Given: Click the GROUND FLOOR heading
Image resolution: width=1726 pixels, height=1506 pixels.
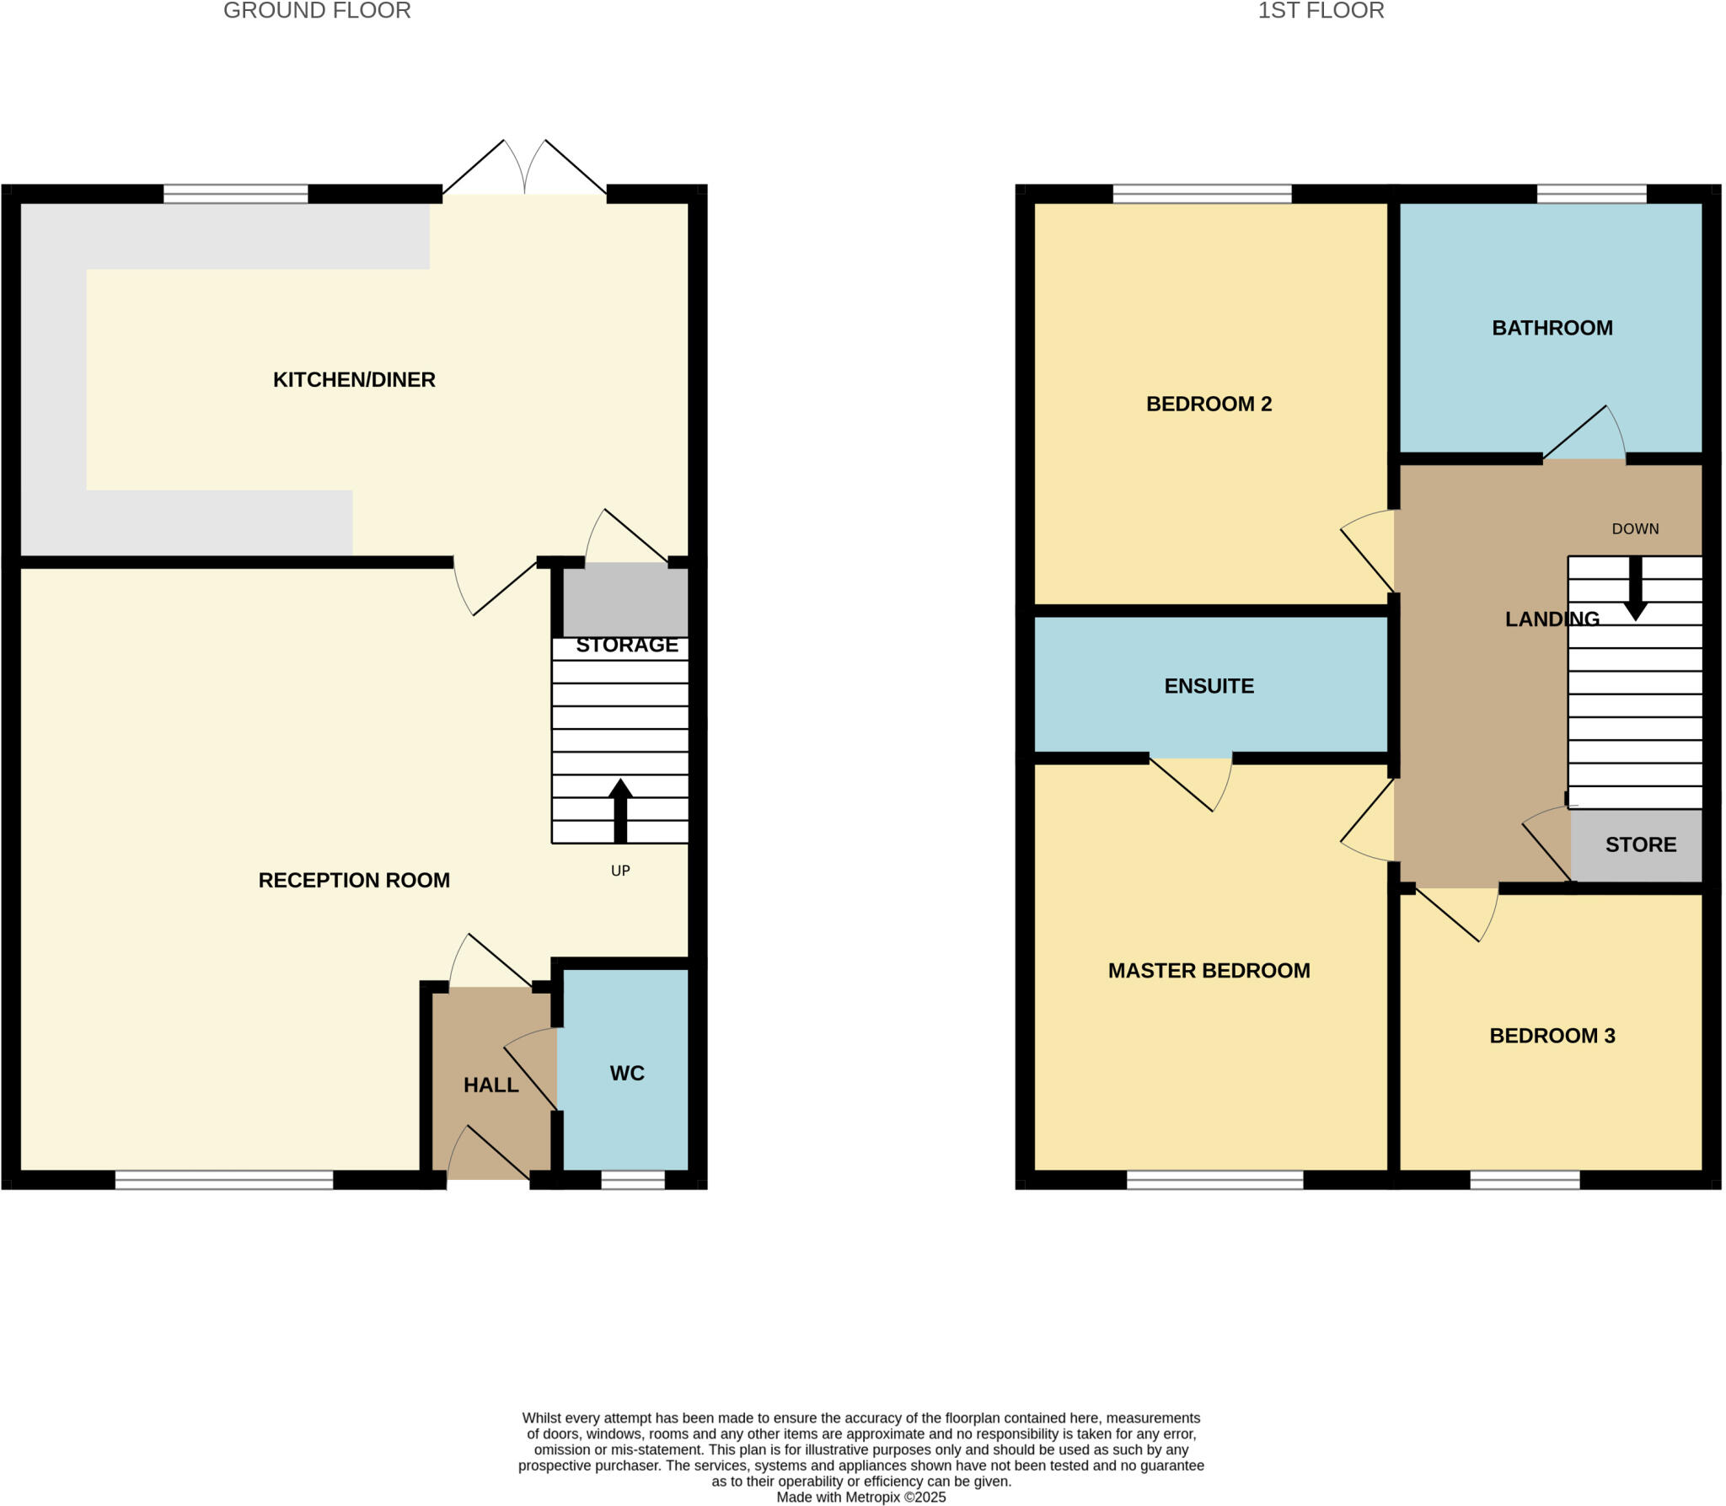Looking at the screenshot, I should [317, 11].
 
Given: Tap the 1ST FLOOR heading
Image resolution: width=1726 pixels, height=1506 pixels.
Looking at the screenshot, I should [1321, 11].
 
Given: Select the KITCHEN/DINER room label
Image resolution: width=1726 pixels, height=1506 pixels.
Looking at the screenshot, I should [354, 379].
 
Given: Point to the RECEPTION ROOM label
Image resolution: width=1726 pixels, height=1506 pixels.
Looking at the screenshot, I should [354, 880].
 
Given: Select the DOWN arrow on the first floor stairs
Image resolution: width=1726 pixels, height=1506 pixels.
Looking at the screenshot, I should [1635, 589].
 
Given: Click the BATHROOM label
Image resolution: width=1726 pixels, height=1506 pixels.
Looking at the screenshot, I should [1552, 328].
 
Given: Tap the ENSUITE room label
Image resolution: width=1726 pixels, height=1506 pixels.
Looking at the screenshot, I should [1209, 686].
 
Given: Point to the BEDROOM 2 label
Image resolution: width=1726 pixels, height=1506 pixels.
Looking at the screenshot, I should [1209, 404].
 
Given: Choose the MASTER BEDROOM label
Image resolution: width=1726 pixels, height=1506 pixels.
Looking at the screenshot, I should [1209, 970].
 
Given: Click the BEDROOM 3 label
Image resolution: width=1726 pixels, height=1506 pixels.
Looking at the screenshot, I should [1552, 1036].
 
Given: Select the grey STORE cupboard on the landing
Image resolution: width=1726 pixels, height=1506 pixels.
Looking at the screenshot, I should [1639, 844].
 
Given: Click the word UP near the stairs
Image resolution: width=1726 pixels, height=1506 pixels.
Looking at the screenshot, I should [620, 871].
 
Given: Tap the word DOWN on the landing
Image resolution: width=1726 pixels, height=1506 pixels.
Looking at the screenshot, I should [1635, 528].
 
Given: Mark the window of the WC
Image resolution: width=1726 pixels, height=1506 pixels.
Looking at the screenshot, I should [633, 1180].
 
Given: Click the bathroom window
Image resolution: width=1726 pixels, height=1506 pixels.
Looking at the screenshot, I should [1591, 194].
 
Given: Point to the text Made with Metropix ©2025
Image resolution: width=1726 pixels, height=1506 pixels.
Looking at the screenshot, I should [860, 1497].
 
